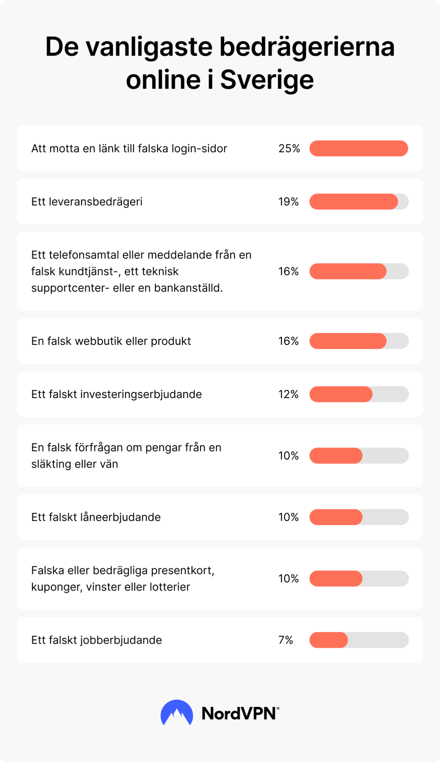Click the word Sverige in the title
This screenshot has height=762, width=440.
point(267,80)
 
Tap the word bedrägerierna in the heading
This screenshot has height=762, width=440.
point(306,47)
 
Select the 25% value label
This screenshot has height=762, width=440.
point(289,148)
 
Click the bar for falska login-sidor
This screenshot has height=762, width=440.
point(359,148)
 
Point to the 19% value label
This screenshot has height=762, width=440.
point(289,202)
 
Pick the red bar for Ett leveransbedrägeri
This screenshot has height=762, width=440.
point(353,202)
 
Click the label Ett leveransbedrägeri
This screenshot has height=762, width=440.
point(87,202)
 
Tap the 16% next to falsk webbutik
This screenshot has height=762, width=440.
point(289,341)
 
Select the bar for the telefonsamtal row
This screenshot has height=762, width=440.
point(348,271)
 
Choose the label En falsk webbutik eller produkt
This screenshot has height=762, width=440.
point(111,341)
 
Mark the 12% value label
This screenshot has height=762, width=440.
point(289,394)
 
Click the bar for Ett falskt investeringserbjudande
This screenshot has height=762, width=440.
point(341,394)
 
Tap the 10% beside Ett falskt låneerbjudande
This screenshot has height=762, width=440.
point(289,517)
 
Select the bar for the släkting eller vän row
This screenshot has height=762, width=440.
point(336,455)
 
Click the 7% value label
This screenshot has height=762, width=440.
point(286,640)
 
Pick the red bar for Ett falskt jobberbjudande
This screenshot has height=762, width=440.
point(329,640)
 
